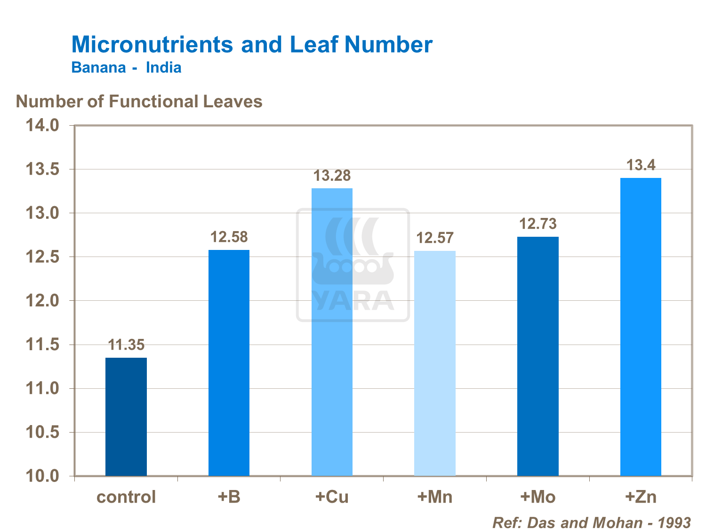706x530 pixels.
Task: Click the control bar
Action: pos(126,417)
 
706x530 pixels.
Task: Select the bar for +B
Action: pos(229,362)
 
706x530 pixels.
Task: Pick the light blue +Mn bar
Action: pos(435,363)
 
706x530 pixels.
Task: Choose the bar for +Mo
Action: pos(538,356)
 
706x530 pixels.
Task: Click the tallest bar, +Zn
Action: pos(641,327)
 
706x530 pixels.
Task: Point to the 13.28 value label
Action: pos(332,176)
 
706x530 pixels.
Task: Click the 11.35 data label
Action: pos(126,345)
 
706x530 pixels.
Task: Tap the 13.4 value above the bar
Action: pos(641,165)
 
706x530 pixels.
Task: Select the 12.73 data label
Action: pos(538,224)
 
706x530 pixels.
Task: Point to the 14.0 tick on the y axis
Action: pos(42,125)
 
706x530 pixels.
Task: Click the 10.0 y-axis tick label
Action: pos(42,476)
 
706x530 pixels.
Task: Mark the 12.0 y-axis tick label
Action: pos(42,301)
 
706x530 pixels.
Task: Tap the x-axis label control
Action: pos(126,497)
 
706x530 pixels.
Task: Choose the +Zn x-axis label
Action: pos(641,497)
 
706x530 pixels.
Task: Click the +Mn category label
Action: pos(435,497)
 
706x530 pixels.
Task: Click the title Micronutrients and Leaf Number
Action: pos(252,45)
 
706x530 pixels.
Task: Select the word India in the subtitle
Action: pos(163,68)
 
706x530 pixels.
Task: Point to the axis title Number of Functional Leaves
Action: pos(139,102)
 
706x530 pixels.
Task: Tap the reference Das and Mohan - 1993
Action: pos(591,522)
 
